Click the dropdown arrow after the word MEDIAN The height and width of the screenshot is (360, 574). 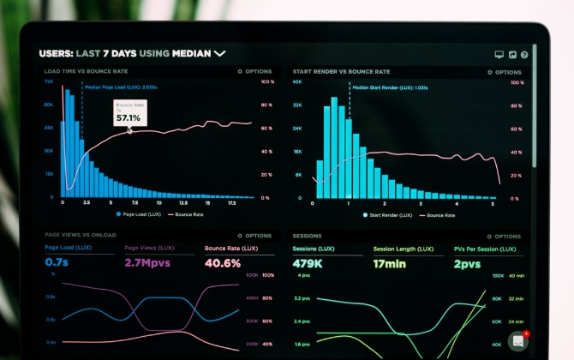220,53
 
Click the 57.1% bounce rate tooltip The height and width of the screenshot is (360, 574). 129,113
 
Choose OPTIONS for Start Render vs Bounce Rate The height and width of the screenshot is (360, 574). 503,72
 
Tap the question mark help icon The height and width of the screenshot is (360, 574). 524,54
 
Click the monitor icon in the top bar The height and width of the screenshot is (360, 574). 499,54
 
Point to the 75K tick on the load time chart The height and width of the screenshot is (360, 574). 49,82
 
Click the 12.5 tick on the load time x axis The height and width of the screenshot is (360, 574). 182,204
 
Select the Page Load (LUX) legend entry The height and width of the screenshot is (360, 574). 140,214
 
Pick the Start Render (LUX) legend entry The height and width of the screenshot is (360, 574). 387,214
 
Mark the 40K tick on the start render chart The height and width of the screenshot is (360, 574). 297,82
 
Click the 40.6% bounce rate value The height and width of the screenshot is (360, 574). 223,263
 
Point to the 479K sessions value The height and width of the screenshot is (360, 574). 308,263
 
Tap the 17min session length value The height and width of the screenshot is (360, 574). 391,263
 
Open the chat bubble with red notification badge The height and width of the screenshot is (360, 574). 517,341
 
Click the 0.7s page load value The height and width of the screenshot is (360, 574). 57,263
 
